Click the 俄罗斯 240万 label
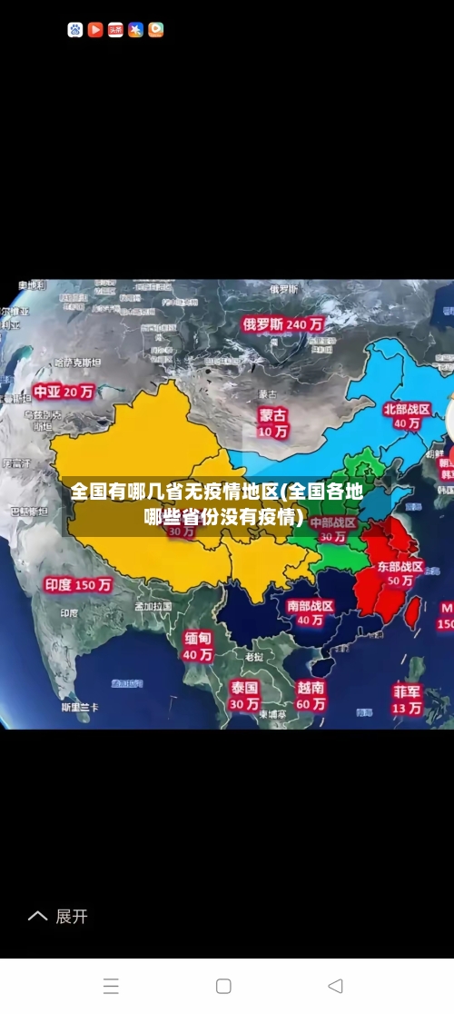click(x=282, y=323)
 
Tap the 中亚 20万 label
click(x=64, y=392)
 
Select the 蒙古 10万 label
click(x=272, y=422)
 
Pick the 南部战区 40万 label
click(x=311, y=612)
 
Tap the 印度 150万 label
click(x=78, y=585)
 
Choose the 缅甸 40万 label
click(x=198, y=646)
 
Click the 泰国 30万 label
click(x=244, y=695)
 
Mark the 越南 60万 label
click(x=311, y=696)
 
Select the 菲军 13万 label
click(x=407, y=699)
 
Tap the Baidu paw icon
click(x=75, y=30)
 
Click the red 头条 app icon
click(x=115, y=30)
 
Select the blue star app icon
click(x=136, y=30)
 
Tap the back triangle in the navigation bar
click(x=335, y=986)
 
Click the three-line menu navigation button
click(x=111, y=986)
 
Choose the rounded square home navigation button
click(x=223, y=986)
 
